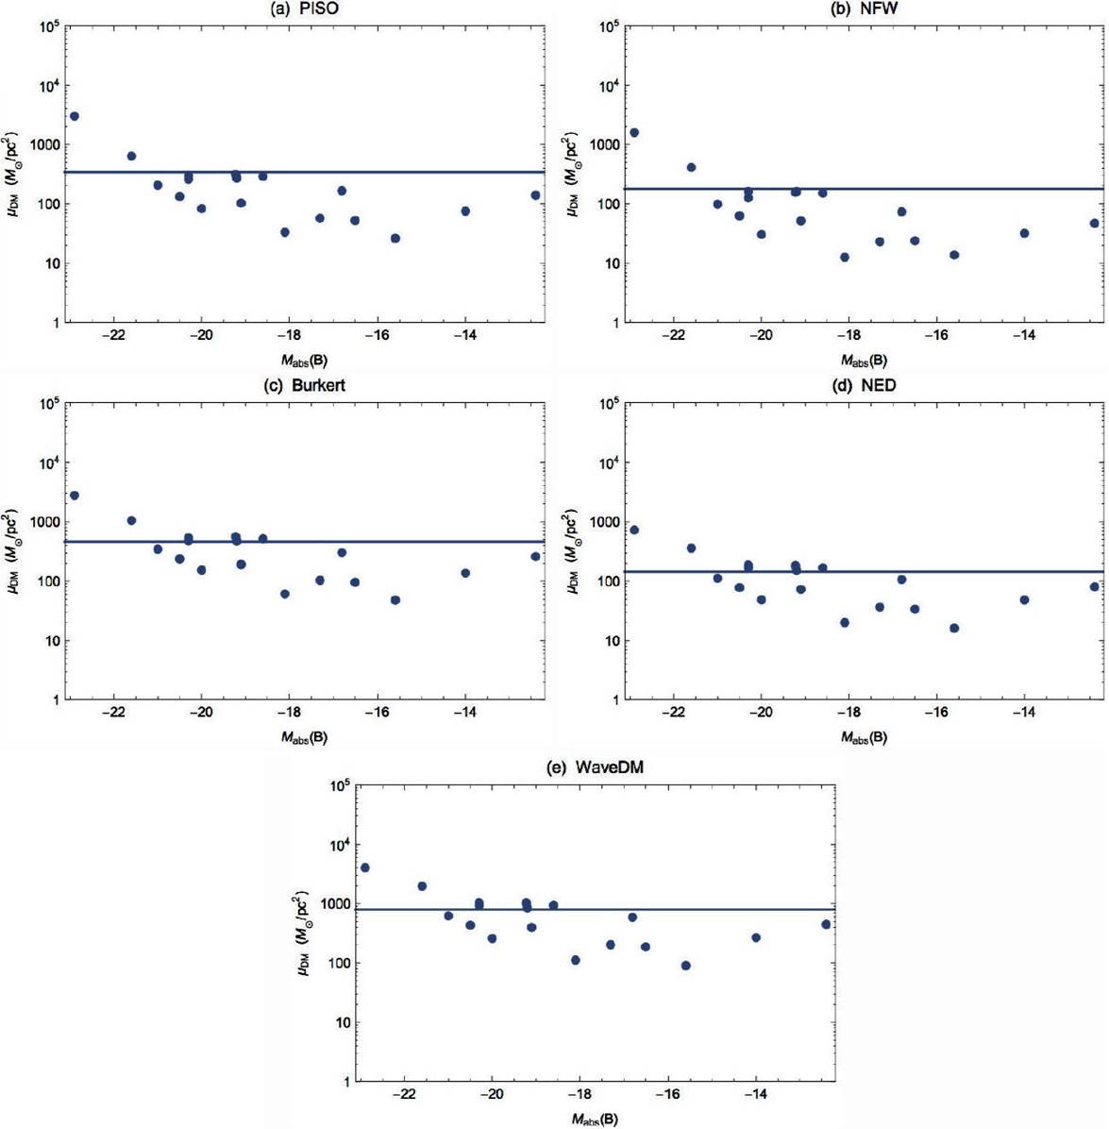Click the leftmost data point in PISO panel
pyautogui.click(x=75, y=116)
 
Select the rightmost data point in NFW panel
pyautogui.click(x=1095, y=224)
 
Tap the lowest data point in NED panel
pyautogui.click(x=954, y=628)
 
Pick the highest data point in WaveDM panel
pyautogui.click(x=365, y=868)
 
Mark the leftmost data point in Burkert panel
pyautogui.click(x=75, y=496)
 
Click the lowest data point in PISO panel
pyautogui.click(x=395, y=239)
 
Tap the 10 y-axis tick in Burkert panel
pyautogui.click(x=49, y=641)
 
